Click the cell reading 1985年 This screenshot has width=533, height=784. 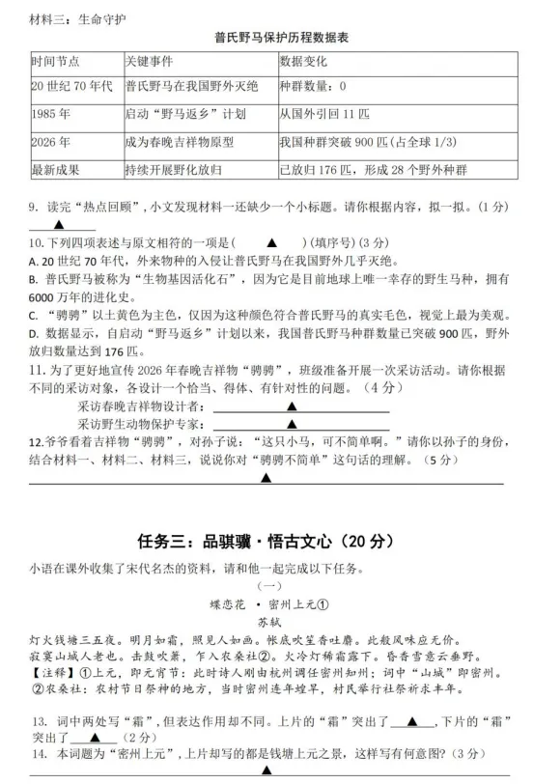(x=50, y=114)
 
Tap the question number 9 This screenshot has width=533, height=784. (x=34, y=206)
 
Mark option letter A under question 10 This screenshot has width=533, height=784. (x=33, y=262)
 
